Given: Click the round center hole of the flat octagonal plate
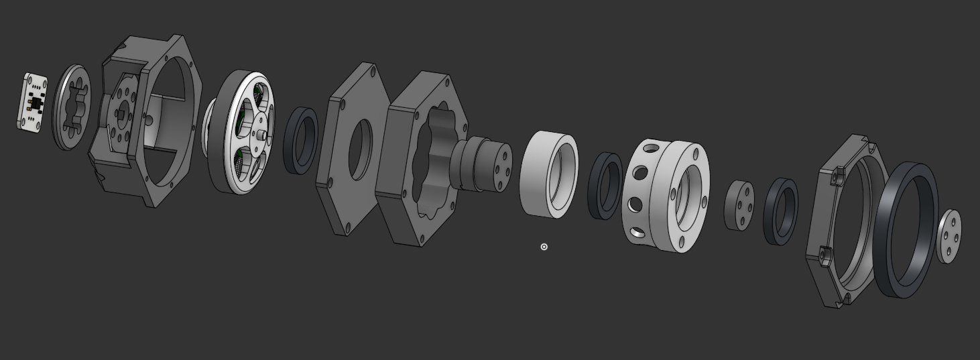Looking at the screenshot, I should (x=360, y=149).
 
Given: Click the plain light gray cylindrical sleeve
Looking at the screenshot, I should (x=536, y=174).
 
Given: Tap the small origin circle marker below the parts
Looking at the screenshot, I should (x=544, y=247).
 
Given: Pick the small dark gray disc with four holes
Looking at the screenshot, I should (x=739, y=206).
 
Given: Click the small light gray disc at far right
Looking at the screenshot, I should (x=948, y=236).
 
